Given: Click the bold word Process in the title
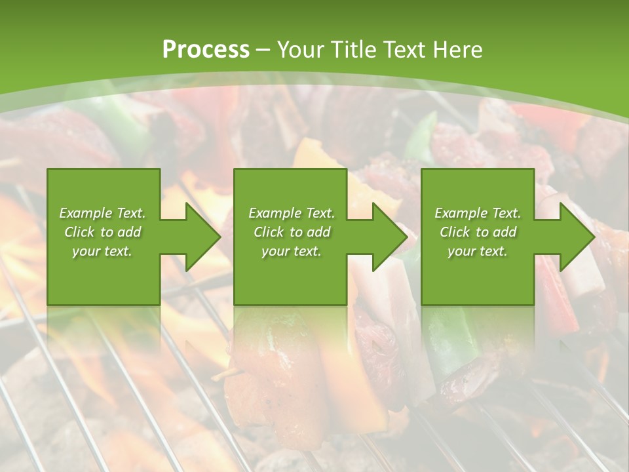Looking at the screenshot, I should pos(206,50).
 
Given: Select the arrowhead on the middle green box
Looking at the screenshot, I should pos(389,237).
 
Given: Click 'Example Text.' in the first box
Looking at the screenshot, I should pos(102,213).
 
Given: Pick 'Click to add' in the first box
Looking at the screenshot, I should pos(102,232).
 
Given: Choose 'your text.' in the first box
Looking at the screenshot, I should pos(102,251).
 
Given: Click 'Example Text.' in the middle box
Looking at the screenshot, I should pos(292,213).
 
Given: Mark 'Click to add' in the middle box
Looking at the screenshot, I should pos(292,232).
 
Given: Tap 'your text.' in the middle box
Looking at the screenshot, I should pos(292,251).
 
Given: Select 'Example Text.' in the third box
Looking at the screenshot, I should pos(478,213).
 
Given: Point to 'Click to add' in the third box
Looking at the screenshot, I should pos(478,232).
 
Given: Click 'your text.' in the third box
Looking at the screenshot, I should pos(478,251).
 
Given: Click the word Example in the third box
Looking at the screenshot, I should pos(461,213).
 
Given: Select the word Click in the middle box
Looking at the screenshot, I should pos(268,232).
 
